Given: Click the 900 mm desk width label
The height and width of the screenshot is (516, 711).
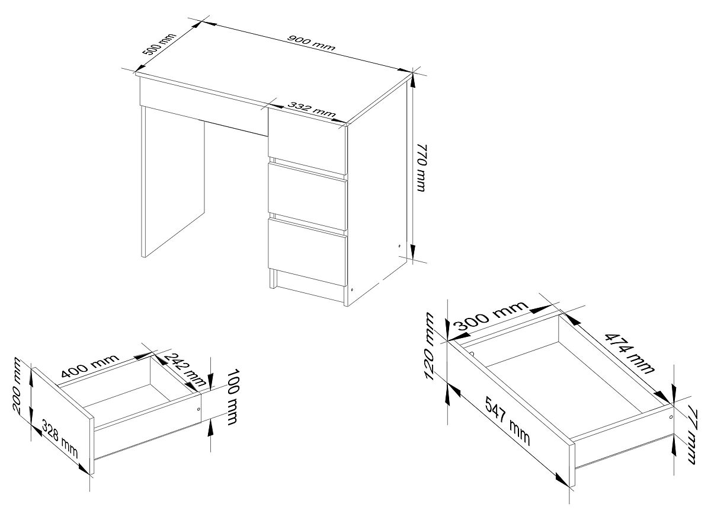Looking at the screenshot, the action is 311,43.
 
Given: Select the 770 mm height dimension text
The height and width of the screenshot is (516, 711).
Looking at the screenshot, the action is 422,168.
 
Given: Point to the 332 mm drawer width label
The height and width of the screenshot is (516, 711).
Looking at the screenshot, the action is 312,110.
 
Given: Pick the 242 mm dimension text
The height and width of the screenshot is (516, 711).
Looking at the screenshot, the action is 185,370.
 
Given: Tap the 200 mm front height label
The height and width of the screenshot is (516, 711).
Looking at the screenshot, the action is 17,386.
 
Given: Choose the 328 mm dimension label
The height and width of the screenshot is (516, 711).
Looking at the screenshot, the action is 60,439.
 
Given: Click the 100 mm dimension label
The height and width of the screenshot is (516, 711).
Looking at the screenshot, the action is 233,397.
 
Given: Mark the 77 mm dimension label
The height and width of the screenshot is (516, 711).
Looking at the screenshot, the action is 694,437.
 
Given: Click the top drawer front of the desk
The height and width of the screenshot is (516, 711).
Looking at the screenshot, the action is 307,141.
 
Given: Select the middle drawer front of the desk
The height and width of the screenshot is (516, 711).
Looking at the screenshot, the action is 307,197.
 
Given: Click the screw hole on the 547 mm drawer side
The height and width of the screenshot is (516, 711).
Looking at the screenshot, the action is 670,418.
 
